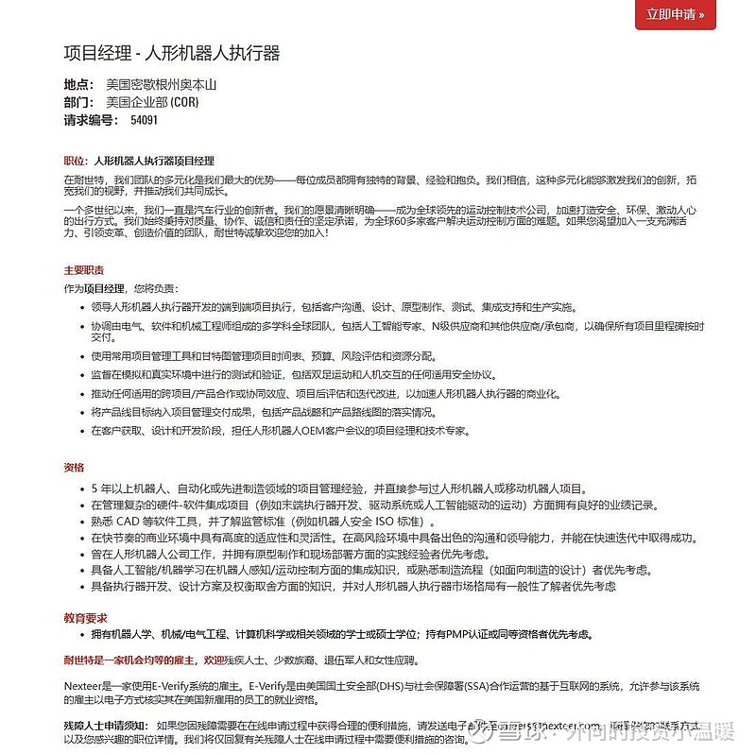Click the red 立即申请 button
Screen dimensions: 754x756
point(675,14)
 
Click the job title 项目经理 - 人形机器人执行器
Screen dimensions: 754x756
point(171,53)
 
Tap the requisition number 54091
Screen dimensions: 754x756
point(144,121)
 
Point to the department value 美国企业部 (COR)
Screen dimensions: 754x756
point(152,102)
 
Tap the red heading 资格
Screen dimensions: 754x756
point(73,467)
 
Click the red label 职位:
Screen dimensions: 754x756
point(75,161)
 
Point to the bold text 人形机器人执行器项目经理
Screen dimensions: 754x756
point(154,161)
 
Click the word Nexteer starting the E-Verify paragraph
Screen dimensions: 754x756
point(81,684)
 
